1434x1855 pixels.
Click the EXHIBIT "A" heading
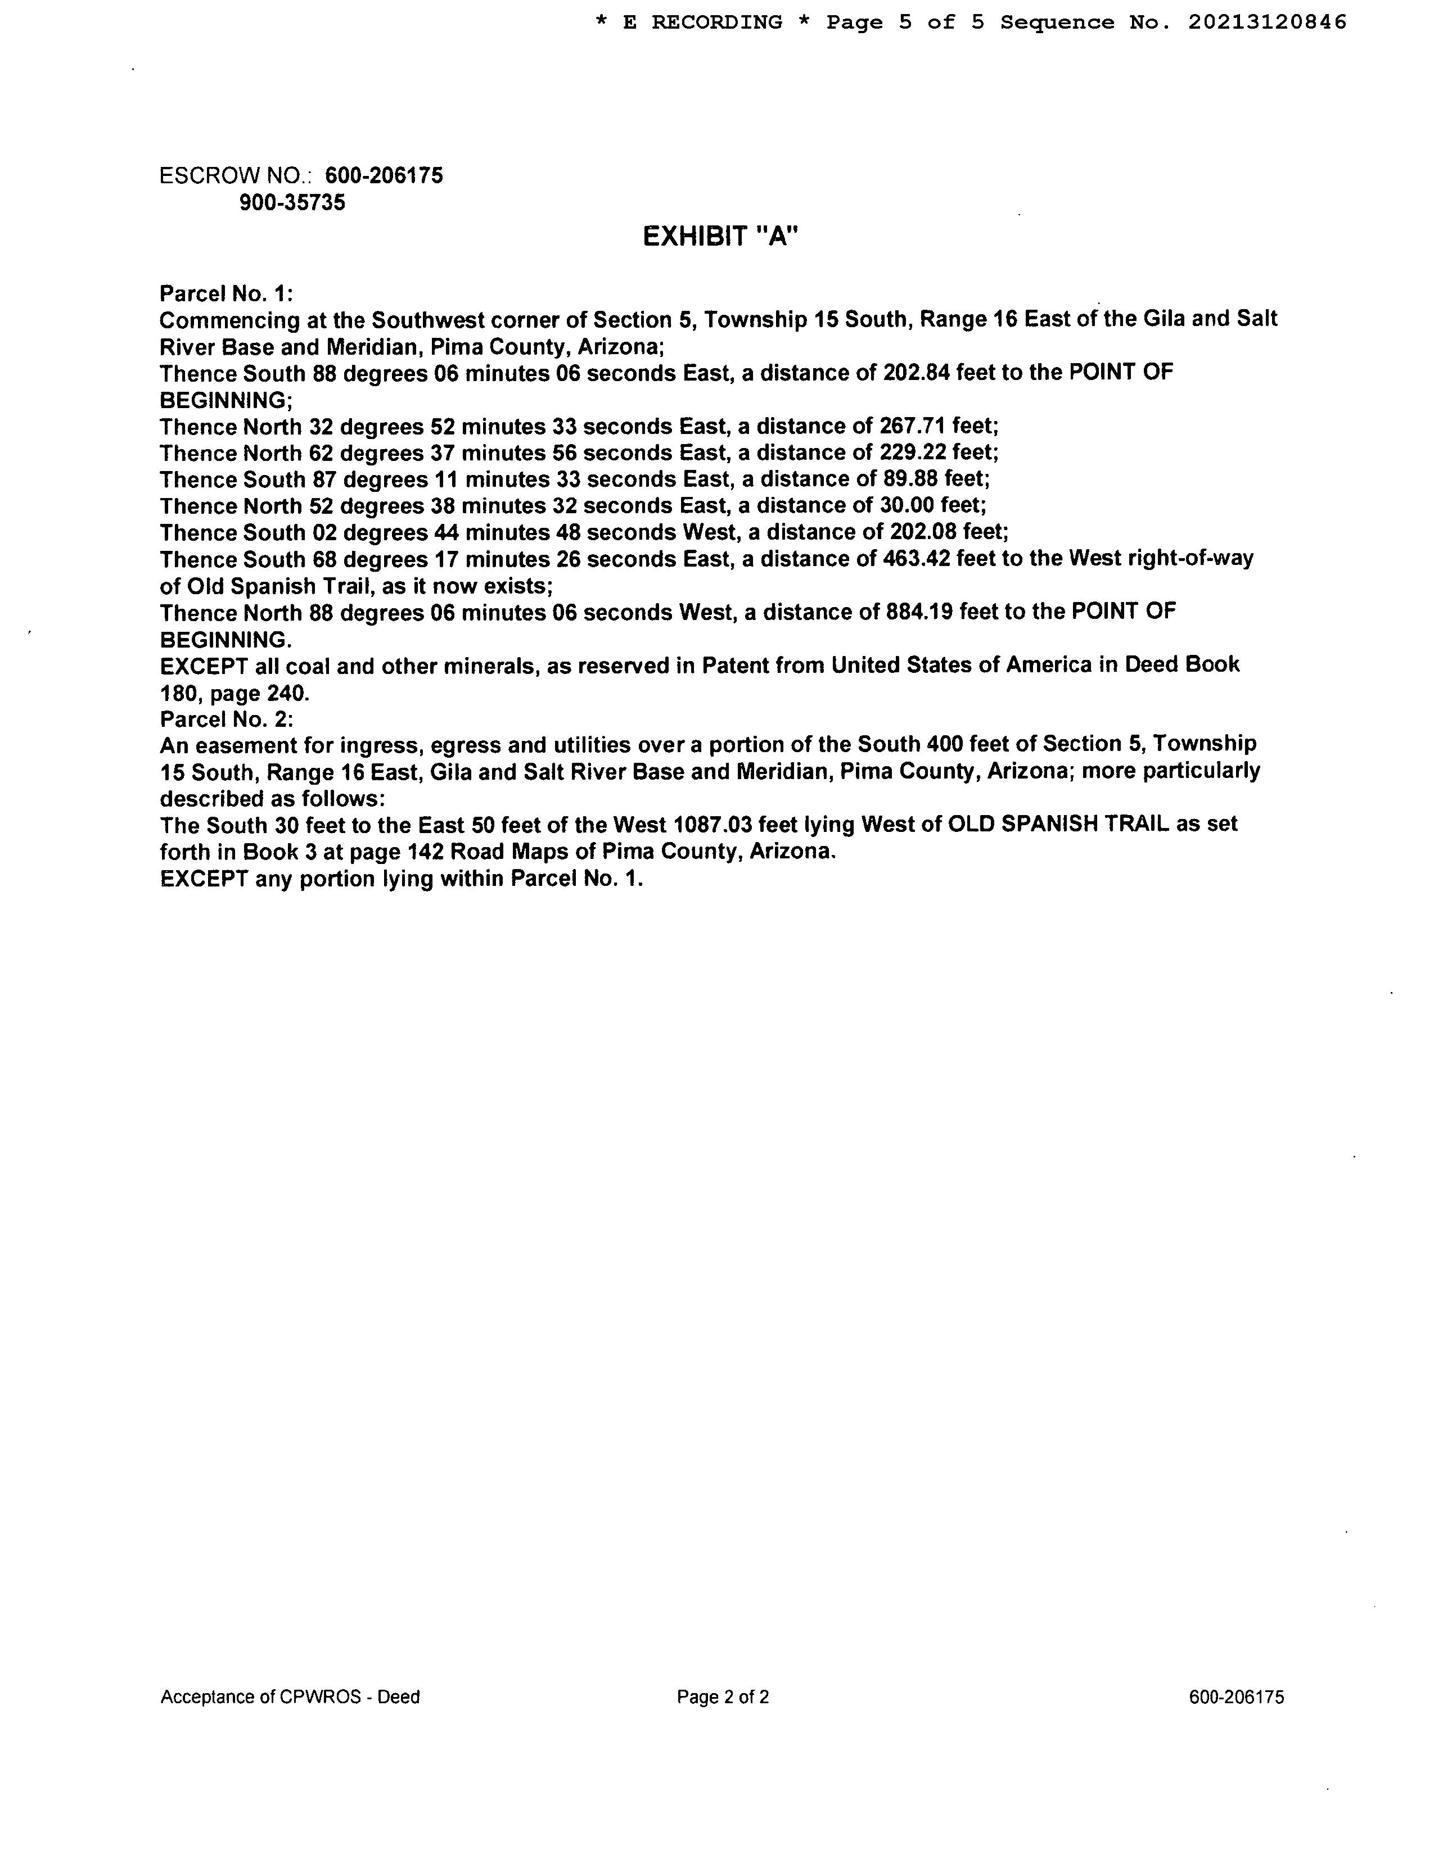(x=720, y=236)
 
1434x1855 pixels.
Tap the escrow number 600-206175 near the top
(x=384, y=176)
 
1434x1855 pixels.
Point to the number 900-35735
(x=292, y=203)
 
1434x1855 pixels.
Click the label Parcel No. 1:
(x=226, y=294)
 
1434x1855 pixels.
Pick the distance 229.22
(x=912, y=452)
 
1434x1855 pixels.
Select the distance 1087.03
(x=712, y=824)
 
